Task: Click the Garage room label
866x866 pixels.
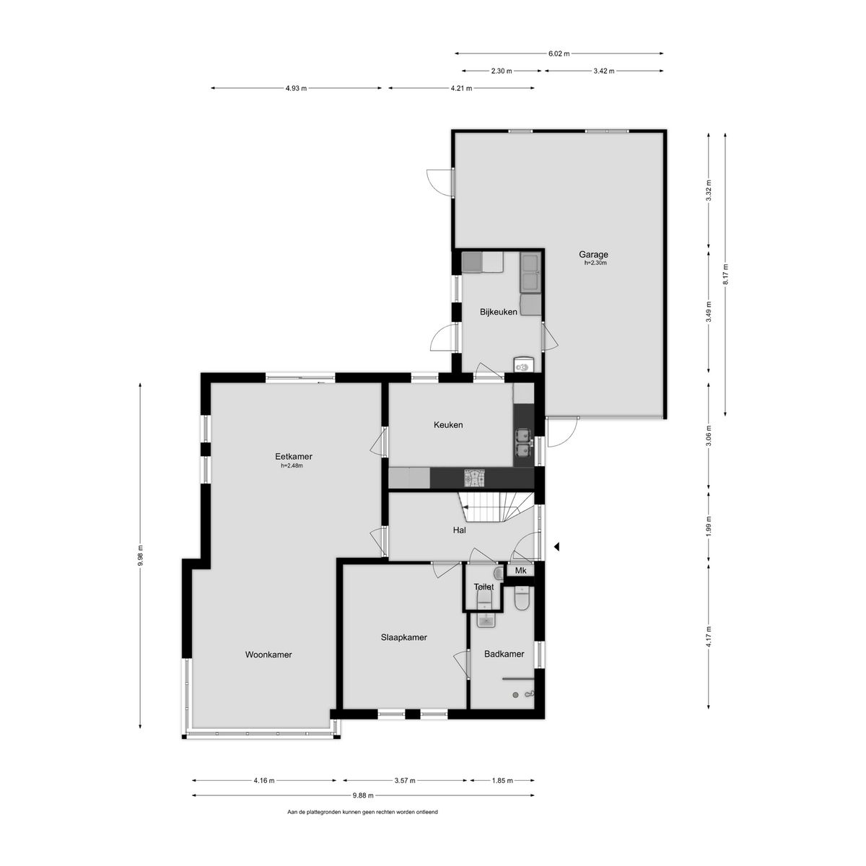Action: [x=593, y=254]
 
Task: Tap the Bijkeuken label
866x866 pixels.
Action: [x=499, y=312]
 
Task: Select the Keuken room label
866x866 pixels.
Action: [x=448, y=425]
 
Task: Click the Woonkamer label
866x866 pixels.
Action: [x=268, y=655]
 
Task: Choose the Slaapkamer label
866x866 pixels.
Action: [x=404, y=637]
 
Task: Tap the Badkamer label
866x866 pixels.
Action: [x=504, y=654]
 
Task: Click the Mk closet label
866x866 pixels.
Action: [x=520, y=571]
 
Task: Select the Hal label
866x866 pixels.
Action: [x=459, y=530]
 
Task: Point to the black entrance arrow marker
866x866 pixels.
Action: [x=556, y=548]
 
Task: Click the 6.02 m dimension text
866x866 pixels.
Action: [x=559, y=53]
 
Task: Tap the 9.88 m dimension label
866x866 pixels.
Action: [x=363, y=795]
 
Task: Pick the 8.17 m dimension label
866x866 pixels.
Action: [x=725, y=275]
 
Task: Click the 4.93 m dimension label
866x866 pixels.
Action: [x=296, y=88]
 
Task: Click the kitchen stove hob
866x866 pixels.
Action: [x=474, y=477]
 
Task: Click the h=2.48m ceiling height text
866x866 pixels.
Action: [x=292, y=465]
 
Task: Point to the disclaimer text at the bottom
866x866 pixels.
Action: [x=362, y=812]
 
